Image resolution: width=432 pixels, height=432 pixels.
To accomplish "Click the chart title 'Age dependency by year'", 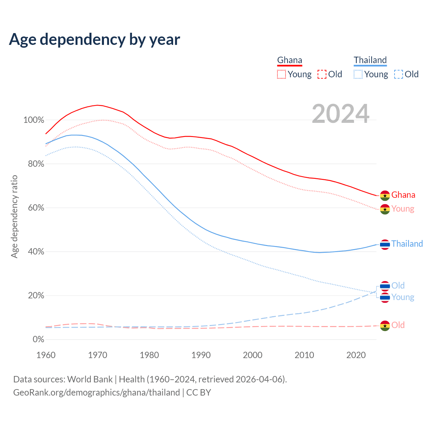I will [94, 39].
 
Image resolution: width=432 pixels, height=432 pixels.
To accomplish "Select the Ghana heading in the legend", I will [290, 60].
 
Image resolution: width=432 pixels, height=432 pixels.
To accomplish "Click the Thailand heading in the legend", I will [370, 60].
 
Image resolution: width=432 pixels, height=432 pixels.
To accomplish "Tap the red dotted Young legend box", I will [281, 74].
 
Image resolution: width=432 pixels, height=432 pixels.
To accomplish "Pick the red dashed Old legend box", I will [322, 74].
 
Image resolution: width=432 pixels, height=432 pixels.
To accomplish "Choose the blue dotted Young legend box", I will [358, 74].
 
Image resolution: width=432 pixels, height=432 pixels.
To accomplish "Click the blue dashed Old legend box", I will [399, 74].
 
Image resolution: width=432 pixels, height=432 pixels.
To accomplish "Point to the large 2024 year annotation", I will [341, 114].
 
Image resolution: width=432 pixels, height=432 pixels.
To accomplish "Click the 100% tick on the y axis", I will [34, 120].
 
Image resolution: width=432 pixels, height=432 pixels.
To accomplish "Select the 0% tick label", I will [38, 340].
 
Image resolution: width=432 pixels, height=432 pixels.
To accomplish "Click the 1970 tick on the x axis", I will [98, 355].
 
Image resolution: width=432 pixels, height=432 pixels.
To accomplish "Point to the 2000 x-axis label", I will [252, 355].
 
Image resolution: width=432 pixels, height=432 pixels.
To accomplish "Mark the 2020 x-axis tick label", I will [356, 355].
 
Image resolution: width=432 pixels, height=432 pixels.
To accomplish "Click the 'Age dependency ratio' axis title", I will [14, 216].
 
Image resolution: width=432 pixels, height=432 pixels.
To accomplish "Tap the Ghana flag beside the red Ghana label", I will [385, 195].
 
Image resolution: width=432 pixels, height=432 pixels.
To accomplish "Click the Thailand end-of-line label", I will [407, 244].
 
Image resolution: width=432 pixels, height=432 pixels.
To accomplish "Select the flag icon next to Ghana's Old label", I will [385, 326].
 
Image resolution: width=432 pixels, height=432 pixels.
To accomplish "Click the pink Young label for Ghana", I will [403, 209].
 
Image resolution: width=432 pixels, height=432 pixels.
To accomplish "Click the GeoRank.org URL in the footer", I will [97, 393].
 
